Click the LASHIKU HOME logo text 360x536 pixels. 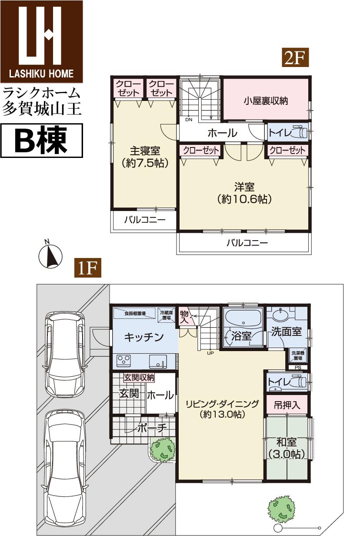(x=42, y=74)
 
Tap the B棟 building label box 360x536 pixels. (x=42, y=141)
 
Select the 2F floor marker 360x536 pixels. (x=296, y=57)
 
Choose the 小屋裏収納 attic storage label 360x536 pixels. (x=266, y=100)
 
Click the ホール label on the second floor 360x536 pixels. (x=222, y=132)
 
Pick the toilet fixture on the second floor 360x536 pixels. (x=298, y=131)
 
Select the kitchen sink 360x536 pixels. (x=157, y=361)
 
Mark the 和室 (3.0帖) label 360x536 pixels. (x=287, y=448)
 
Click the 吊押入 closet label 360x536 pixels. (x=287, y=405)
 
